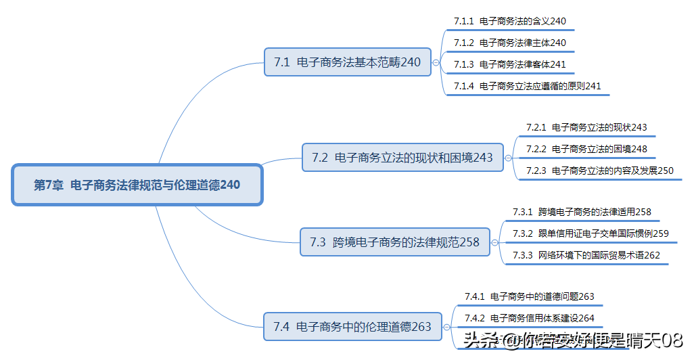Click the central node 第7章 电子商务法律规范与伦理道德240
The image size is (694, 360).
(137, 185)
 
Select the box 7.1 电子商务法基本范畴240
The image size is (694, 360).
(347, 62)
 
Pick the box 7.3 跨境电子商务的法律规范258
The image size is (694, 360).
(394, 242)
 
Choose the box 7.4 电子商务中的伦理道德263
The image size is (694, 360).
(352, 326)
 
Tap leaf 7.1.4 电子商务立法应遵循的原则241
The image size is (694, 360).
(527, 86)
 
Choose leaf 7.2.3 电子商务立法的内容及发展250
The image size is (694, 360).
(599, 171)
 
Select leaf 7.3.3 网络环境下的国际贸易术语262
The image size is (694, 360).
(586, 255)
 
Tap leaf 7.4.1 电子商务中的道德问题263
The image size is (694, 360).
(529, 296)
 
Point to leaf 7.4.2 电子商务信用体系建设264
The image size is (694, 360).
(529, 318)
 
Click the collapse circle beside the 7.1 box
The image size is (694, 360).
(436, 62)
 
